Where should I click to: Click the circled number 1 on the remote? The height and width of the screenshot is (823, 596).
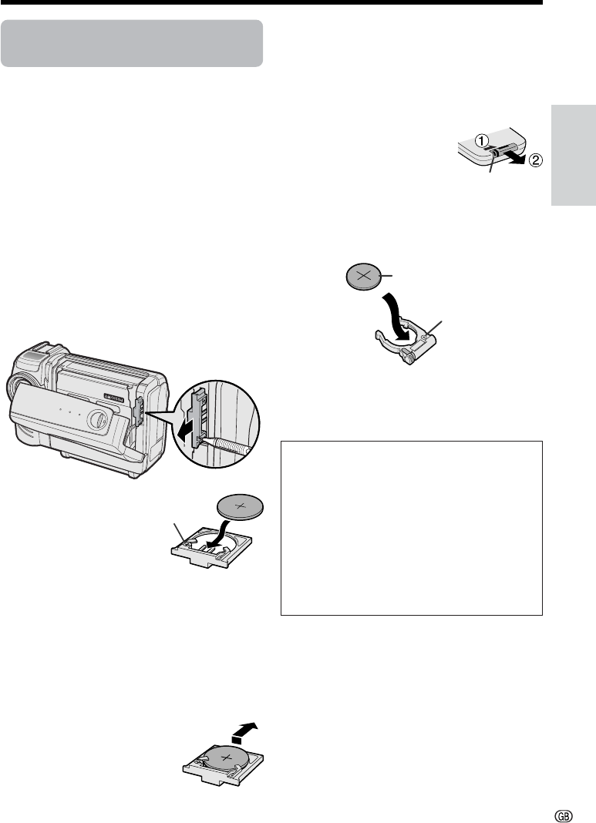click(x=483, y=140)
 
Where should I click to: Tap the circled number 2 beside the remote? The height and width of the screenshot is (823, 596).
click(x=535, y=161)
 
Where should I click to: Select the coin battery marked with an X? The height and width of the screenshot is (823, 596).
click(x=365, y=277)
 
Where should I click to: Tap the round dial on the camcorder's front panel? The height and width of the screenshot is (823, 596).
click(x=97, y=420)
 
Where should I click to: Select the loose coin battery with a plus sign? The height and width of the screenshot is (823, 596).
click(x=241, y=507)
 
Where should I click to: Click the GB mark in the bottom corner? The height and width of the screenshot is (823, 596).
click(x=563, y=816)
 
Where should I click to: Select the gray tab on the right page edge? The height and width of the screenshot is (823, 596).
click(x=574, y=156)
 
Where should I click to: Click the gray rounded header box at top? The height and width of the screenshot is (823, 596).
click(x=132, y=44)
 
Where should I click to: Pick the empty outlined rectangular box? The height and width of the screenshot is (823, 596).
click(x=412, y=528)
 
